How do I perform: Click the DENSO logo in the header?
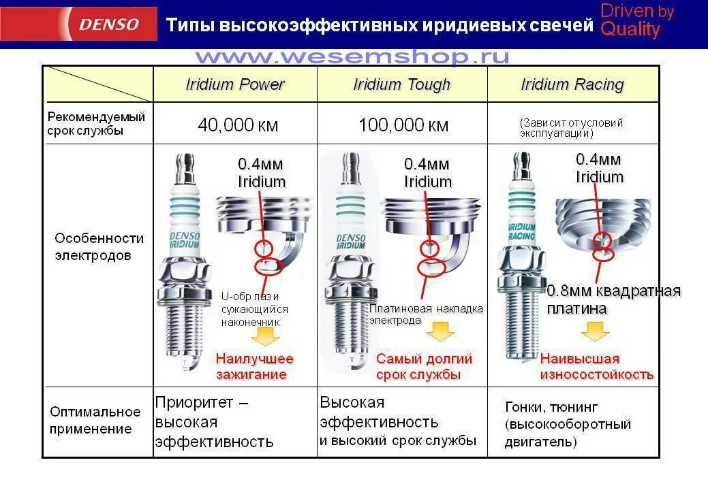tap(110, 24)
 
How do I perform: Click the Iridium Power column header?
tap(235, 84)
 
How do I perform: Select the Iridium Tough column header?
tap(402, 84)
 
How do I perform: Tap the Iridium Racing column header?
tap(572, 84)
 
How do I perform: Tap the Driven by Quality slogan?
tap(636, 20)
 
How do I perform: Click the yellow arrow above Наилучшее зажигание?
tap(265, 336)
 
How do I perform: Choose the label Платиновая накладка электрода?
tap(426, 314)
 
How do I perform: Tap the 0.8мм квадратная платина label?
tap(613, 299)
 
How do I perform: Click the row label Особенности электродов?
tap(99, 247)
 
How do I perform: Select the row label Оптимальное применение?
tap(95, 420)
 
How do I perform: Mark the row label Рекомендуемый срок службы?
tap(96, 124)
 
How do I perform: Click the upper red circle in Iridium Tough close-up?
tap(429, 247)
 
